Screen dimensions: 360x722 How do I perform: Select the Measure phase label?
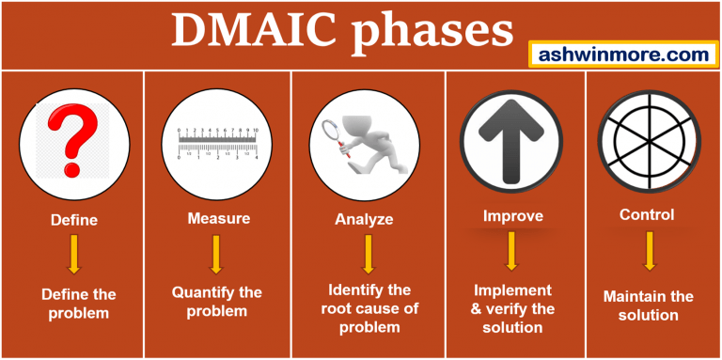click(x=218, y=219)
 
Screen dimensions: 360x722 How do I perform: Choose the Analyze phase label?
click(x=364, y=220)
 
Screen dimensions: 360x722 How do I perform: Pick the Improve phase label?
click(x=512, y=216)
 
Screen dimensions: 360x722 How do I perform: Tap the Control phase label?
click(x=647, y=215)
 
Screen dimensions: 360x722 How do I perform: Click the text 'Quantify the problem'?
click(x=216, y=301)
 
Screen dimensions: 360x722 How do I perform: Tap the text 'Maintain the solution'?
click(x=648, y=305)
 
